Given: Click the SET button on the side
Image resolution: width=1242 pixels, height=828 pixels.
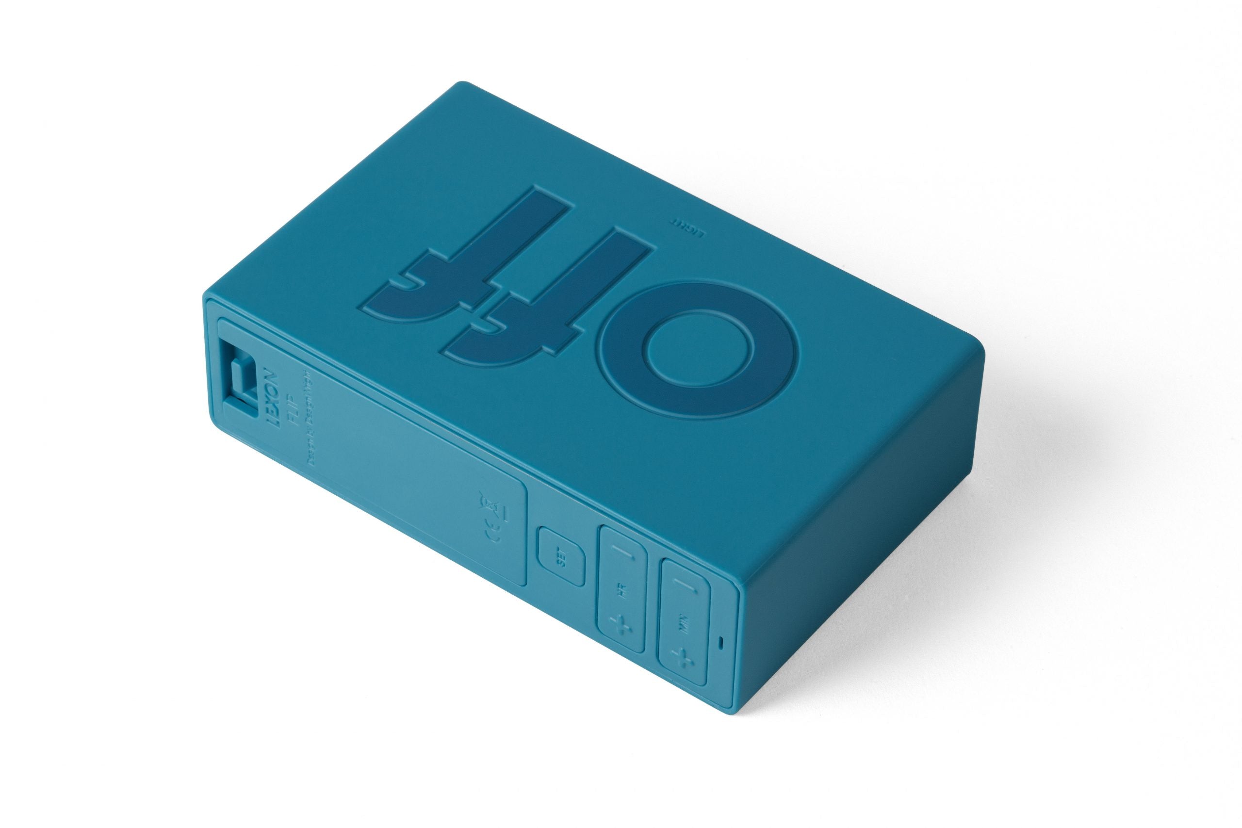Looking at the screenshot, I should pos(561,561).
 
